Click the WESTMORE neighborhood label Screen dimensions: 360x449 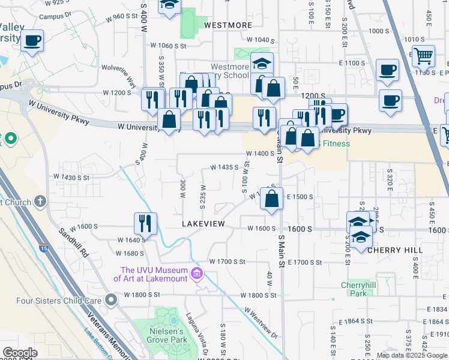[228, 25]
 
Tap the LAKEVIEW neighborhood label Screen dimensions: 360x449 [203, 223]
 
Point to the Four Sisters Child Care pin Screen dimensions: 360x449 [110, 299]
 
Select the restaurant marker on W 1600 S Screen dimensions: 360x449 [145, 223]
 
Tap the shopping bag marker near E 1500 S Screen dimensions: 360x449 [272, 198]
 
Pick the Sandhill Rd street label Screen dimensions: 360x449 [74, 243]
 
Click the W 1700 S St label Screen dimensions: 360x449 [228, 262]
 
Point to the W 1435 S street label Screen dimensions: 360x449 [224, 168]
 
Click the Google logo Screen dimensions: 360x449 [20, 352]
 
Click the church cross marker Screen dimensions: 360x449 [40, 202]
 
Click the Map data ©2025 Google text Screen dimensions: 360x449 [412, 355]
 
